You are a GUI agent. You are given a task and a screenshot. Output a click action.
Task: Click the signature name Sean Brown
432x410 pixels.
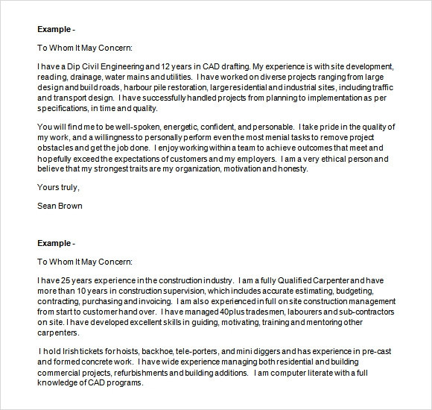pyautogui.click(x=59, y=206)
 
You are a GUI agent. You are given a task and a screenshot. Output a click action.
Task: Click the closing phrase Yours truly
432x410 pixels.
pyautogui.click(x=57, y=187)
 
